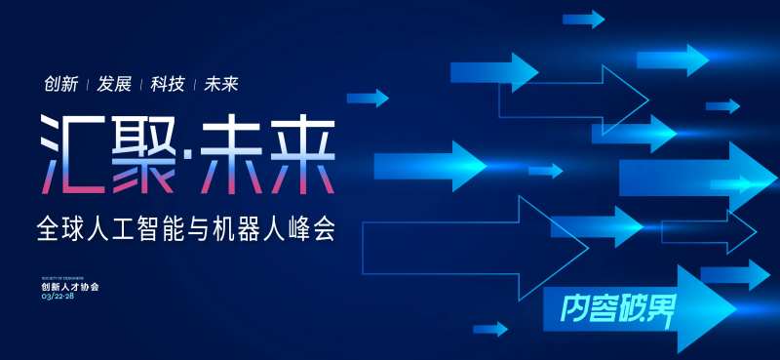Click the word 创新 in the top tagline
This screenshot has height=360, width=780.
click(x=60, y=84)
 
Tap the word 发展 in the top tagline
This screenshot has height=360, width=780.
click(x=114, y=84)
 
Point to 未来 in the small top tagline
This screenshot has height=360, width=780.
click(x=221, y=84)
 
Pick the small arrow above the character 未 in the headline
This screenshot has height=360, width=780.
click(x=368, y=98)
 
